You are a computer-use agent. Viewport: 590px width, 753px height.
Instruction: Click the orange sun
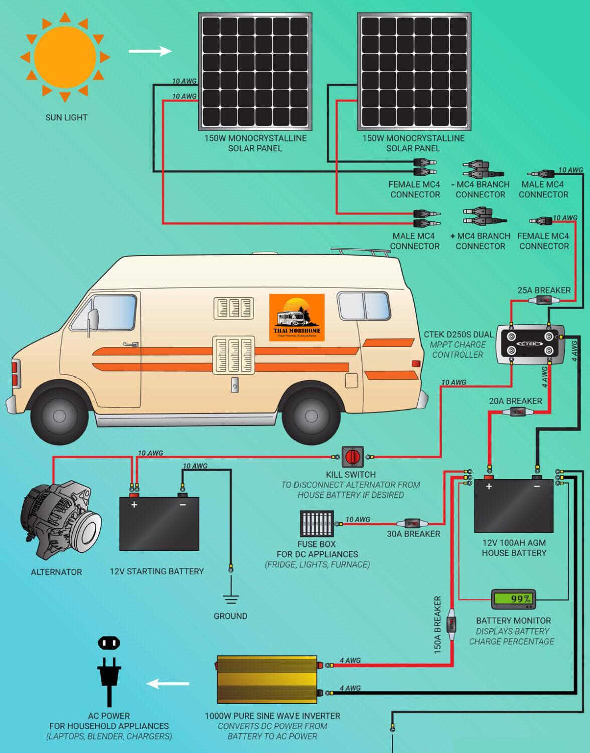[x=64, y=57]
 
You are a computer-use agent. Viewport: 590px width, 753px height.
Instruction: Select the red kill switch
[x=352, y=457]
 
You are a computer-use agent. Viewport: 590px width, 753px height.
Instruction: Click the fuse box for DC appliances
[x=317, y=524]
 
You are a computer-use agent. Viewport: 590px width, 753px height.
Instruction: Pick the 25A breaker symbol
[x=544, y=301]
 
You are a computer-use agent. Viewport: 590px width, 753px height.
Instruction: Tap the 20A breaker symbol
[x=516, y=412]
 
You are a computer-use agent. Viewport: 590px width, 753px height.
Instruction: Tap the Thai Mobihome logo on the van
[x=297, y=317]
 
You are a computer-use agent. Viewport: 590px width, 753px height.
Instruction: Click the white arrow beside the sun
[x=150, y=51]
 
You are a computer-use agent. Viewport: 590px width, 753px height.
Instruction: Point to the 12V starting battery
[x=159, y=523]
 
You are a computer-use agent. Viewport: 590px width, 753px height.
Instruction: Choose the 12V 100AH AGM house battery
[x=514, y=506]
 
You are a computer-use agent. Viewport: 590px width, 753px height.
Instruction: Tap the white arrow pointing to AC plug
[x=168, y=684]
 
